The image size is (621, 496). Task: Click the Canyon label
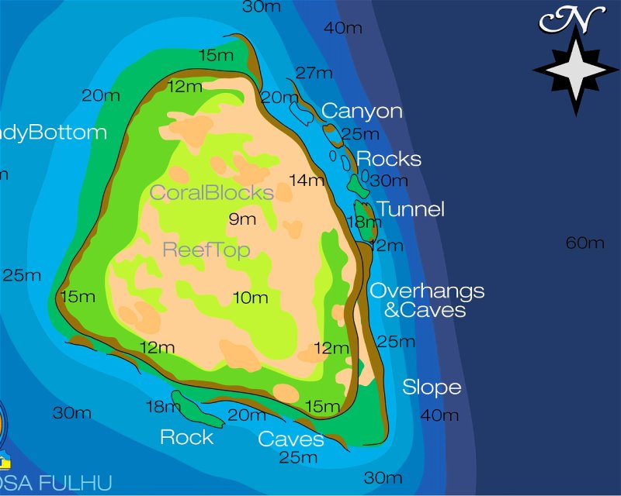[x=362, y=111]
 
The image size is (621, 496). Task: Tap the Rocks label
[x=388, y=159]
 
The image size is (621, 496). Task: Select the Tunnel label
[x=410, y=209]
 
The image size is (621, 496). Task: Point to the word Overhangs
[x=427, y=291]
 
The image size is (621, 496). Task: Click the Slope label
[x=432, y=387]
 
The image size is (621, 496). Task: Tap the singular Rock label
[x=186, y=437]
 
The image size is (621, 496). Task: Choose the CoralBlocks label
[x=211, y=192]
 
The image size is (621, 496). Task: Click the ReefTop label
[x=206, y=250]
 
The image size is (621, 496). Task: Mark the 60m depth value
[x=585, y=243]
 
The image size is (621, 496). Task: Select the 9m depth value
[x=242, y=219]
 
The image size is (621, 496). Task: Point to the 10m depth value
[x=250, y=297]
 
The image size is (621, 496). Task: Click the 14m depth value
[x=307, y=181]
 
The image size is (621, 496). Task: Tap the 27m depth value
[x=314, y=73]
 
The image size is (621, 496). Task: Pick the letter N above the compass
[x=574, y=19]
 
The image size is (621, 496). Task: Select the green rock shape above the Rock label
[x=197, y=408]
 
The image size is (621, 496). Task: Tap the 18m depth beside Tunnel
[x=359, y=222]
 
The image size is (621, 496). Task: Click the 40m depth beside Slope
[x=439, y=415]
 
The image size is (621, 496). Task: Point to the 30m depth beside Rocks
[x=388, y=181]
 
